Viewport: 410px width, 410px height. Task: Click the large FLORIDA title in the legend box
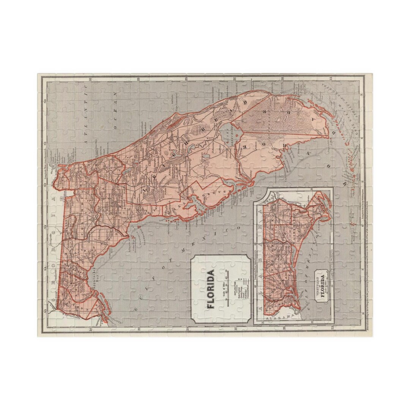[x=210, y=288]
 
